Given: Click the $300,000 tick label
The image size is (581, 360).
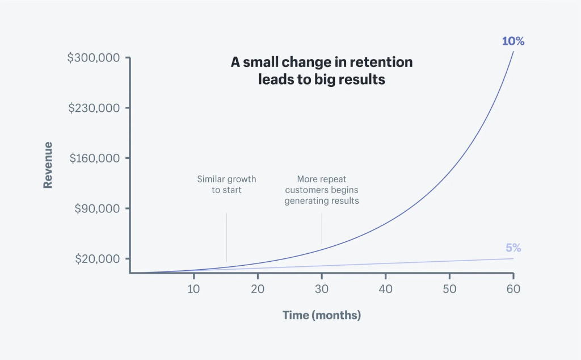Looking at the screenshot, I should [94, 58].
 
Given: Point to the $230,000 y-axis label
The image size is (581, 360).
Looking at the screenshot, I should [94, 108].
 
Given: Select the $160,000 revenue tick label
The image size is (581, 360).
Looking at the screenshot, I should [94, 158].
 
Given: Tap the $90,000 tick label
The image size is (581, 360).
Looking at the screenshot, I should [97, 208].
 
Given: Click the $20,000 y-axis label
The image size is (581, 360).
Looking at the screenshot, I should [97, 258].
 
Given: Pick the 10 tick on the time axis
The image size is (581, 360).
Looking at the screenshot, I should [194, 288].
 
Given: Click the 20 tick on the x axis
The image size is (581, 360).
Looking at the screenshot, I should [258, 288].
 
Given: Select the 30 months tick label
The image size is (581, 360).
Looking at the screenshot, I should [322, 288].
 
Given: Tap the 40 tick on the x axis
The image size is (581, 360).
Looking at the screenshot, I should [386, 288].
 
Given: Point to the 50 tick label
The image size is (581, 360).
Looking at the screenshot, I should [449, 288].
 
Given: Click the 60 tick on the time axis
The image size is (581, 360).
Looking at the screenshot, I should [513, 288].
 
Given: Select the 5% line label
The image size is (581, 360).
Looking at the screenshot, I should [513, 248].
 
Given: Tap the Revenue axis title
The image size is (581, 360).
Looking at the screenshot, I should [48, 165].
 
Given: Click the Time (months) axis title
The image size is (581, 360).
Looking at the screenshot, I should [322, 315].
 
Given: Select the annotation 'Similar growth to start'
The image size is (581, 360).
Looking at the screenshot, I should [226, 184].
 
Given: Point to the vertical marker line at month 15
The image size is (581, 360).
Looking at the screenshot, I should [226, 237].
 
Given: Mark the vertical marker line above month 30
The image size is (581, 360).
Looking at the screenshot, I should [322, 229].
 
